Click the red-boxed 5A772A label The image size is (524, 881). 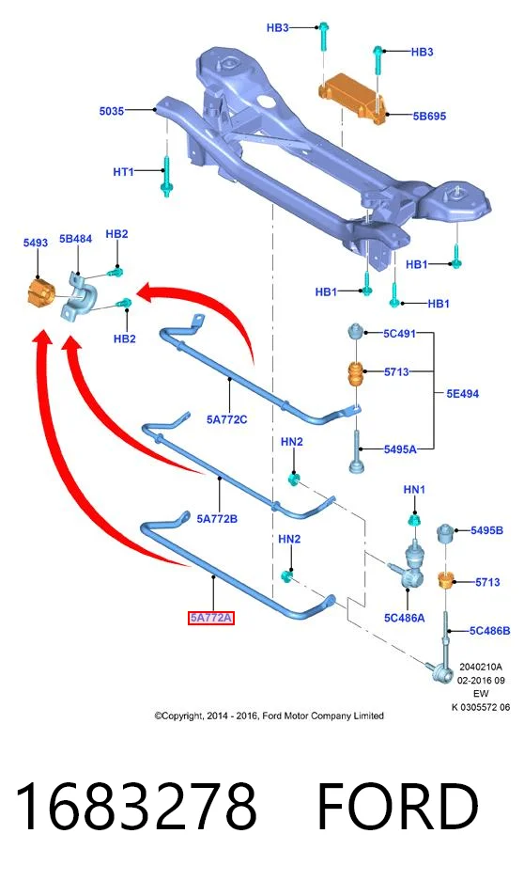click(x=210, y=618)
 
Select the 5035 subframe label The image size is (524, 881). click(x=111, y=111)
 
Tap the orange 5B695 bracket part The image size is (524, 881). click(x=352, y=97)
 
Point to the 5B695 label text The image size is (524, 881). click(x=429, y=116)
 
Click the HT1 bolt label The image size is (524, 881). click(x=123, y=171)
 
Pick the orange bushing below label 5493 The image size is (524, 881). click(x=39, y=291)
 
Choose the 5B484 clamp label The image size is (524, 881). click(x=76, y=238)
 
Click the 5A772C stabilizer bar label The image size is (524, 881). click(x=226, y=419)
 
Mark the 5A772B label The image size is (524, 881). click(x=217, y=519)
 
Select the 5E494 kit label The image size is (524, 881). click(x=462, y=393)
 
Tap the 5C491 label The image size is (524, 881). click(x=399, y=333)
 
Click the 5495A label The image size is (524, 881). click(x=401, y=448)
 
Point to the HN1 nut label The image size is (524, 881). click(x=414, y=489)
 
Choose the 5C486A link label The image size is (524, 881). click(x=404, y=618)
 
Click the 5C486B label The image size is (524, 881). click(x=490, y=630)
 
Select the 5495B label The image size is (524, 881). click(x=486, y=530)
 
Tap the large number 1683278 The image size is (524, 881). click(x=136, y=807)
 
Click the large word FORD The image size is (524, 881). click(x=398, y=807)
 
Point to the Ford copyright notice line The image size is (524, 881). click(x=269, y=716)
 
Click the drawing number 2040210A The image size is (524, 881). click(x=481, y=667)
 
